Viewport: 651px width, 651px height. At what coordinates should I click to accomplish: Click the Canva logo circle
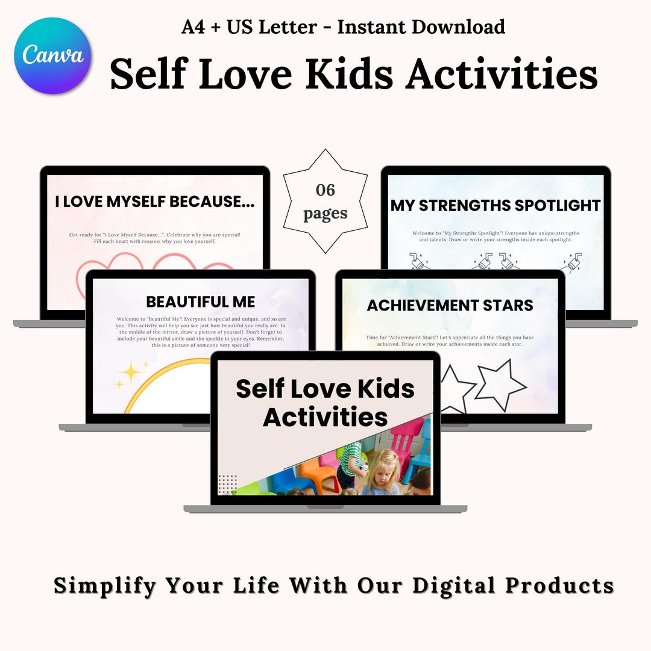coord(52,55)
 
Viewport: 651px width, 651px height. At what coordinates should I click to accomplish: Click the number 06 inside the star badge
coord(325,190)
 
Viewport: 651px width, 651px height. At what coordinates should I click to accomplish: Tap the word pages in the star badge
coord(325,213)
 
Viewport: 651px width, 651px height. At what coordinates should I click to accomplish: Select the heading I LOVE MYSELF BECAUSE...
coord(155,203)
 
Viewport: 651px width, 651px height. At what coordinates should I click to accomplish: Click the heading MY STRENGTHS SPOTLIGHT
coord(495,206)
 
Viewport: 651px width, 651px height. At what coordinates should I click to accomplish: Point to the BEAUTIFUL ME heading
coord(201,301)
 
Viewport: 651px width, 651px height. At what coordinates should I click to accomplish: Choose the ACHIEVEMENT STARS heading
coord(450,305)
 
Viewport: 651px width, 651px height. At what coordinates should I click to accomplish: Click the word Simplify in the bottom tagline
coord(106,585)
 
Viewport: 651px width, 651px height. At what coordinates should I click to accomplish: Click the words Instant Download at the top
coord(421,27)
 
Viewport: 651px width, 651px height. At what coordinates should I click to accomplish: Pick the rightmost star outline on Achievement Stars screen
coord(500,386)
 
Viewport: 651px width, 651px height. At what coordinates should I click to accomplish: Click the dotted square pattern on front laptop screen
coord(227,483)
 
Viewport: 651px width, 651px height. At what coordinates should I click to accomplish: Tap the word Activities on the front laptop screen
coord(325,417)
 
